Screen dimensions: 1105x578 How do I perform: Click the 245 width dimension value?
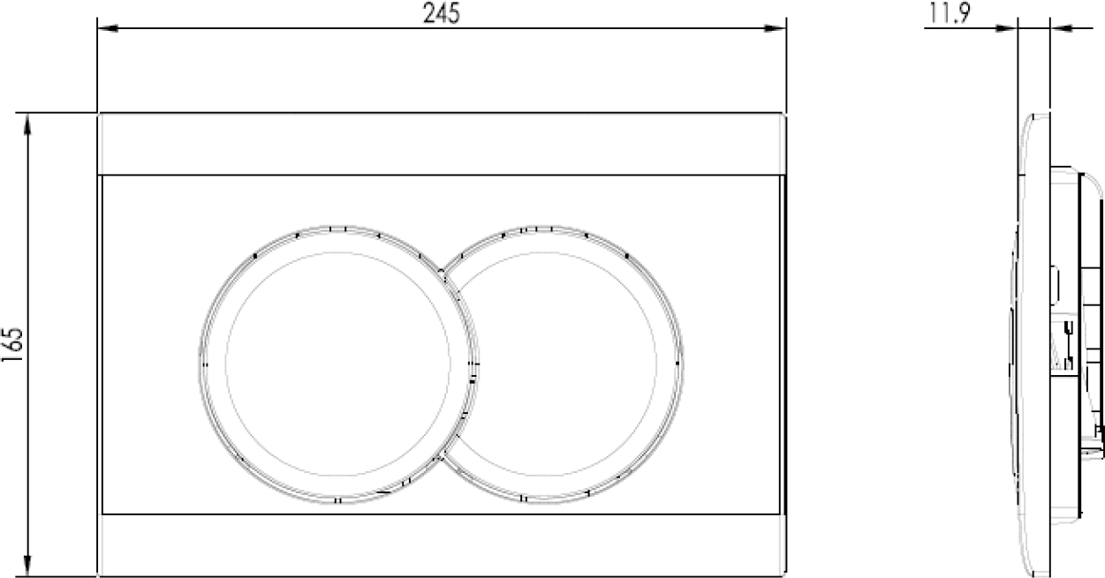(x=441, y=13)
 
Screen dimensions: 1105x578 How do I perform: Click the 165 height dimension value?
(x=12, y=345)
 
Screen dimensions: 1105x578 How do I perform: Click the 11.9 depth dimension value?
(x=950, y=13)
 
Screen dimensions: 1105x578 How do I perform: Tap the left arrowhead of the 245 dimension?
(x=108, y=28)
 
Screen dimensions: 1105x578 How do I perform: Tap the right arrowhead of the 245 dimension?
(x=775, y=28)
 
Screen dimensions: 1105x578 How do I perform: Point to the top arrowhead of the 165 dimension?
(x=27, y=124)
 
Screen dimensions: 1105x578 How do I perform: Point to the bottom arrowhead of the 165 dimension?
(x=27, y=566)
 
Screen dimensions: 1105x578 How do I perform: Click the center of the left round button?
(x=338, y=364)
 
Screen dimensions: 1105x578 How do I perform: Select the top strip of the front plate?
(x=441, y=144)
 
